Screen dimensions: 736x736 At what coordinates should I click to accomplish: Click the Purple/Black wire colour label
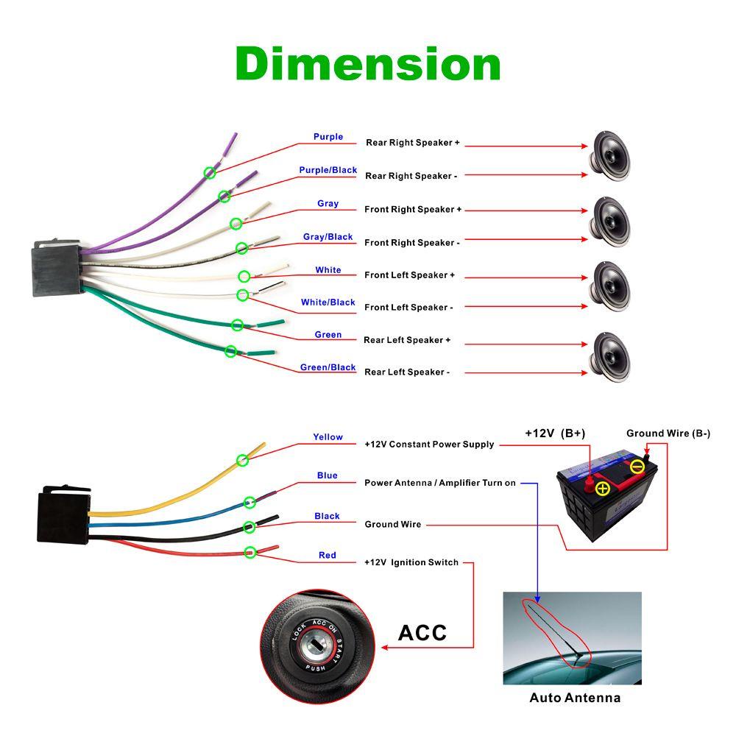pyautogui.click(x=328, y=170)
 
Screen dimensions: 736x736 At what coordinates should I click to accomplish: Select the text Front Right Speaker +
pyautogui.click(x=413, y=209)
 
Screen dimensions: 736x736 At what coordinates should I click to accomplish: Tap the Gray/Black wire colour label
pyautogui.click(x=328, y=237)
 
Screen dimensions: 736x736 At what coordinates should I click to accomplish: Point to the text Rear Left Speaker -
pyautogui.click(x=407, y=372)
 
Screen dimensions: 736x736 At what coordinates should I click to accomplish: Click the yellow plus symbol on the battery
pyautogui.click(x=603, y=488)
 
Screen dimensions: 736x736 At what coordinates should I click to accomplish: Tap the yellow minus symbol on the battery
pyautogui.click(x=637, y=466)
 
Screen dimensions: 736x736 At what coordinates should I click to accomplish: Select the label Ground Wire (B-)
pyautogui.click(x=668, y=433)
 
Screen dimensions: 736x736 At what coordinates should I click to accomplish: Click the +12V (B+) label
pyautogui.click(x=555, y=433)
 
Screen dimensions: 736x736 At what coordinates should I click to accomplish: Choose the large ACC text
pyautogui.click(x=422, y=632)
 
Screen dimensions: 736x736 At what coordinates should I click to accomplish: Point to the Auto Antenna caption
pyautogui.click(x=575, y=698)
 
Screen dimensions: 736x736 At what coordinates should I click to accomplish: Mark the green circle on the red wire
pyautogui.click(x=250, y=551)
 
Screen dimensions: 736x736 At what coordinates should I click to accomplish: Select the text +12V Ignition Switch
pyautogui.click(x=411, y=562)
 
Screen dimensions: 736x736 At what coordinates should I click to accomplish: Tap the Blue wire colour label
pyautogui.click(x=327, y=475)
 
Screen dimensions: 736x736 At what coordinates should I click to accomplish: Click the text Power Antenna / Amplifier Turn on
pyautogui.click(x=440, y=483)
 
